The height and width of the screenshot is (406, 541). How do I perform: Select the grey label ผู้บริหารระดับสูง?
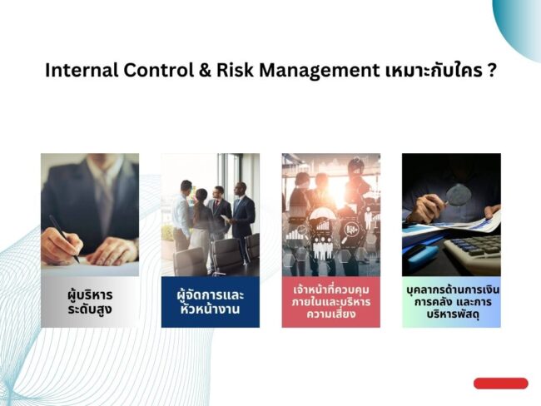[x=90, y=302]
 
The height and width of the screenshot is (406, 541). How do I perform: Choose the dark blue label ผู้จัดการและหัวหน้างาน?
[x=210, y=302]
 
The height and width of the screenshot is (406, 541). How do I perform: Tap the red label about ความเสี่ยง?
[x=330, y=302]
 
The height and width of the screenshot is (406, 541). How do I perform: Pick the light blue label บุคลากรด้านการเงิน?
[x=451, y=302]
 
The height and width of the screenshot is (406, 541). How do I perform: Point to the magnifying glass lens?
[x=459, y=195]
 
